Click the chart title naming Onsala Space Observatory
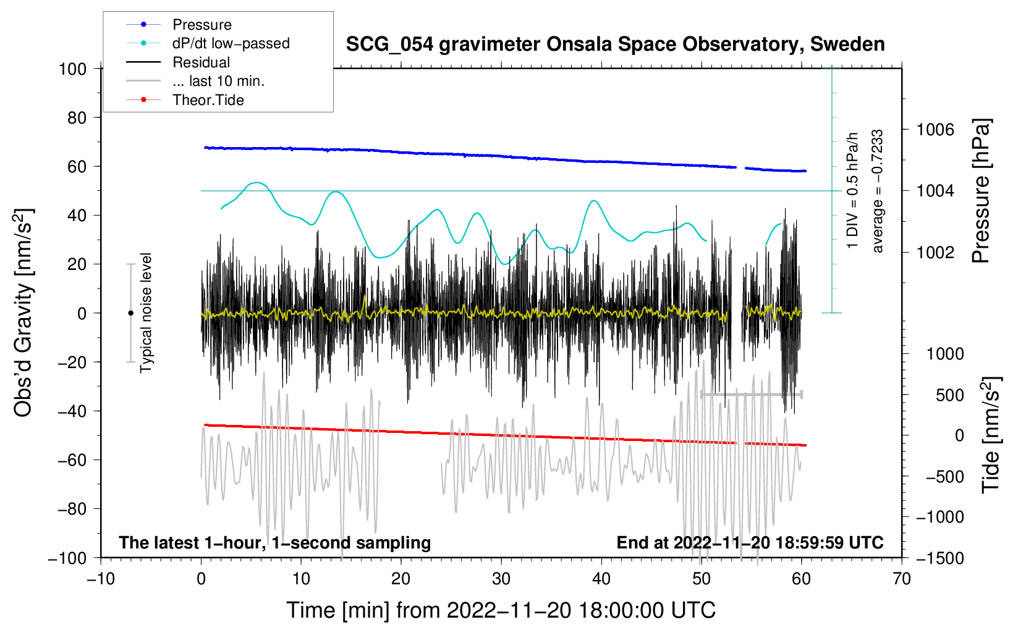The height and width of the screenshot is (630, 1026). pos(615,44)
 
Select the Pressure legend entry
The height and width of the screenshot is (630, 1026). pos(201,25)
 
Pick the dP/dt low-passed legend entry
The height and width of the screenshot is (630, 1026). pos(231,43)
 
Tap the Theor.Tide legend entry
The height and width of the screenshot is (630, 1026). pos(208,100)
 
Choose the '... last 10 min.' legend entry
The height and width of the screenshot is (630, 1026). pos(218,81)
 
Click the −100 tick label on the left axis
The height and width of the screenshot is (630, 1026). pos(67,558)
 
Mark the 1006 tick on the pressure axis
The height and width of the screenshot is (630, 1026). pos(935,130)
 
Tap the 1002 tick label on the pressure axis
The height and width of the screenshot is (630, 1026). pos(935,252)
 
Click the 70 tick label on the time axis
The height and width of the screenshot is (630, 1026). pos(902,579)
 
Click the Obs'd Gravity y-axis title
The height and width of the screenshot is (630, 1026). pos(23,313)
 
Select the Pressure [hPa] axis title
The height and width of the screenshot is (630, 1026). pos(981,191)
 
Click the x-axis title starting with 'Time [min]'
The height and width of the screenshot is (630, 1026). pos(501,610)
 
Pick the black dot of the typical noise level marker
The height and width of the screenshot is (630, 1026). pos(130,313)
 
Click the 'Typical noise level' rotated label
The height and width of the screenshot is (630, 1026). pos(146,313)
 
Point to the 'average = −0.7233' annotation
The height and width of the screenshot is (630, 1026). pos(878,191)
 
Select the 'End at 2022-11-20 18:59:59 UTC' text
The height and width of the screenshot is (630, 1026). pos(750,543)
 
